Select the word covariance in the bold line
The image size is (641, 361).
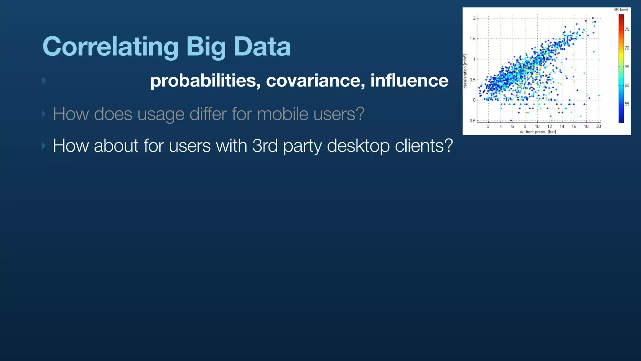click(x=315, y=81)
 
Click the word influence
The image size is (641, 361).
click(x=409, y=81)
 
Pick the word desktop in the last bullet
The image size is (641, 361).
click(x=358, y=146)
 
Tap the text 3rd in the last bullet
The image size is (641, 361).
click(x=265, y=146)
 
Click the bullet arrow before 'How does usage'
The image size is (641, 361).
click(x=44, y=114)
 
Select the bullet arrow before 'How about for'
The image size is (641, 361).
click(x=44, y=146)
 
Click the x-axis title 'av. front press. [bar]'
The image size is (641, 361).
click(x=538, y=132)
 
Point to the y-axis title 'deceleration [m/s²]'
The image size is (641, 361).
click(x=465, y=71)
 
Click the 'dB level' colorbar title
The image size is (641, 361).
click(x=621, y=10)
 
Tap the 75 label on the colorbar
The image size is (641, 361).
click(x=627, y=29)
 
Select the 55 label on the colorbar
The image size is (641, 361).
click(x=627, y=104)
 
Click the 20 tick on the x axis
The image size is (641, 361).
click(x=598, y=127)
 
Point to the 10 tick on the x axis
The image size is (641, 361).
click(x=537, y=127)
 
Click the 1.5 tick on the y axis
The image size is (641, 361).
click(x=472, y=39)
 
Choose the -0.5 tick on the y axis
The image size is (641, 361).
click(x=472, y=121)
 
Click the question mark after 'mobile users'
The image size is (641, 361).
click(x=359, y=114)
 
